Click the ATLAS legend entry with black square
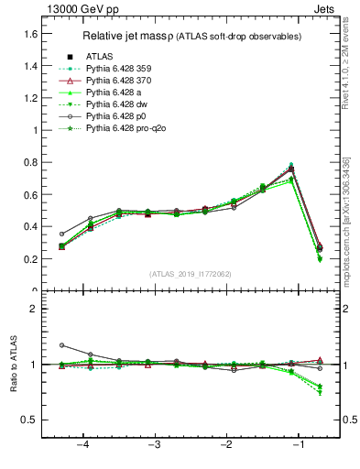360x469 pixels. click(x=100, y=57)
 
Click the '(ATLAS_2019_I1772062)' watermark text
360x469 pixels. click(x=191, y=274)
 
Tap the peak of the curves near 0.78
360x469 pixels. click(x=291, y=166)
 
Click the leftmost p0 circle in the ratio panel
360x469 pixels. click(x=61, y=345)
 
